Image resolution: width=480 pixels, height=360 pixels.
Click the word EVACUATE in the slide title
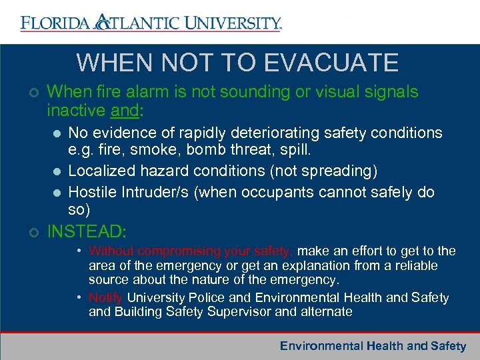click(x=331, y=63)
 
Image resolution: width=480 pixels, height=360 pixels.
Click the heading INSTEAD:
click(x=87, y=233)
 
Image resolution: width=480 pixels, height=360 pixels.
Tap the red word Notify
click(x=106, y=298)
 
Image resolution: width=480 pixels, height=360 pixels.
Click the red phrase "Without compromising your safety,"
click(x=191, y=251)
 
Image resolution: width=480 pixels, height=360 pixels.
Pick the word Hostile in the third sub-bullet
click(x=93, y=193)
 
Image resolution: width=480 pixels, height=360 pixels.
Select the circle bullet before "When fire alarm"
click(x=34, y=93)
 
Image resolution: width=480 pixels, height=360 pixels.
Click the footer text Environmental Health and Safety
click(x=373, y=346)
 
